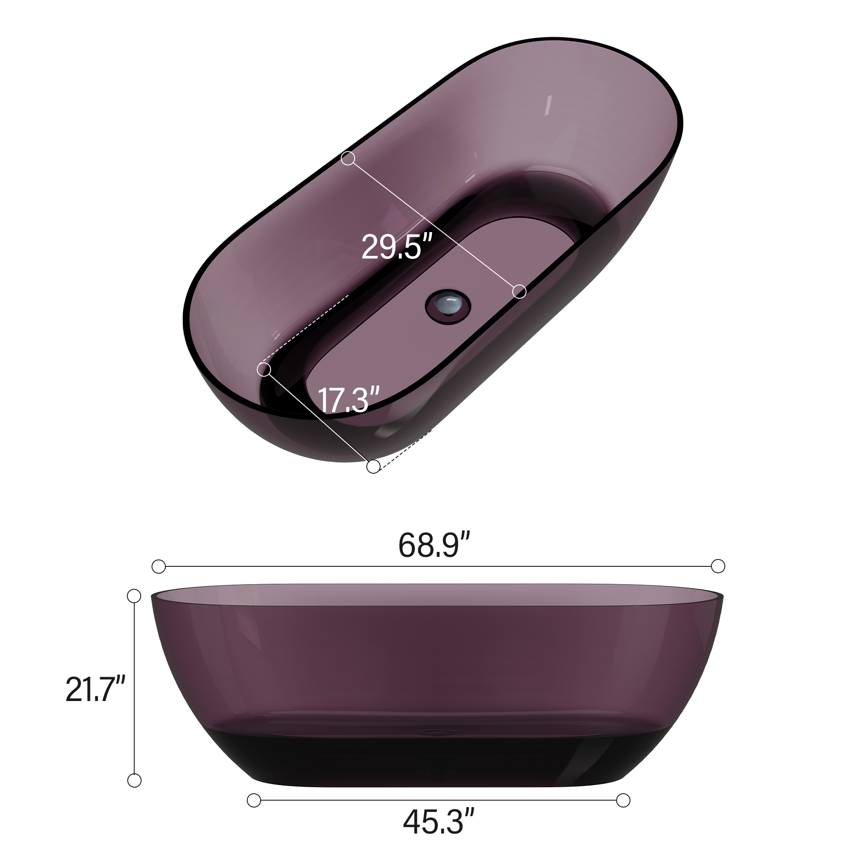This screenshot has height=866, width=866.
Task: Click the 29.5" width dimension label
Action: point(396,246)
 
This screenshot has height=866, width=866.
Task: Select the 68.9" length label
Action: point(434,545)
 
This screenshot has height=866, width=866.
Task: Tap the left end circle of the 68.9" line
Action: point(158,566)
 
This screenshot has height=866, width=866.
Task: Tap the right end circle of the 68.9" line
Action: point(718,566)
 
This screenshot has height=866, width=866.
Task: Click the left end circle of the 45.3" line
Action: point(254,800)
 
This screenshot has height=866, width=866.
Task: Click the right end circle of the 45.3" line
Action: point(623,800)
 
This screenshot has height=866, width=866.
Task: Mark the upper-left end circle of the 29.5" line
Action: point(348,158)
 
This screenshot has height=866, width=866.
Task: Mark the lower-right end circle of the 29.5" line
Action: point(519,291)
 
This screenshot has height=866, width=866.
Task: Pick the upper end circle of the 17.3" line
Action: point(264,370)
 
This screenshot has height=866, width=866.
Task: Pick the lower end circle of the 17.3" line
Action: point(373,467)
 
